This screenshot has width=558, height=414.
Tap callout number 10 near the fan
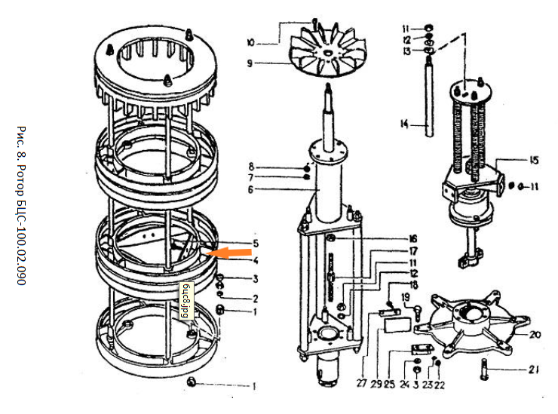pyautogui.click(x=251, y=42)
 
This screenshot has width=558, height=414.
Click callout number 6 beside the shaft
pyautogui.click(x=251, y=189)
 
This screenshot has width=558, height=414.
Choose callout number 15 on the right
pyautogui.click(x=534, y=160)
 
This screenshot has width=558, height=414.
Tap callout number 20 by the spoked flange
pyautogui.click(x=535, y=335)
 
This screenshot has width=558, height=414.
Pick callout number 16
pyautogui.click(x=413, y=238)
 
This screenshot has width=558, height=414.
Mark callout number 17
pyautogui.click(x=413, y=251)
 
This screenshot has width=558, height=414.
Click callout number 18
pyautogui.click(x=413, y=284)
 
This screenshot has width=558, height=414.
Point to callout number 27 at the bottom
pyautogui.click(x=363, y=383)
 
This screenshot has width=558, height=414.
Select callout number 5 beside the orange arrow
pyautogui.click(x=256, y=244)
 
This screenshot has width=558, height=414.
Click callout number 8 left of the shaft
pyautogui.click(x=251, y=165)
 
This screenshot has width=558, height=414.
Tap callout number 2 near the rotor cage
pyautogui.click(x=255, y=297)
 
